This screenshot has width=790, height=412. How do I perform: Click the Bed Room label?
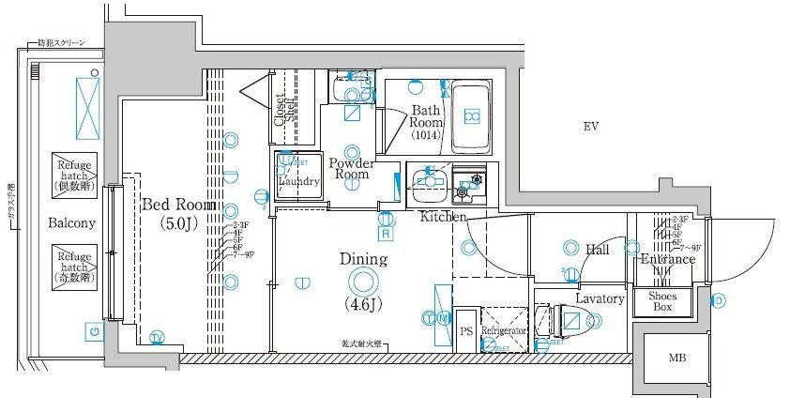178,205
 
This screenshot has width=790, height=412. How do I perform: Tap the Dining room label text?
363,258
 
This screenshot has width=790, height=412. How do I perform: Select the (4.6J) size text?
363,303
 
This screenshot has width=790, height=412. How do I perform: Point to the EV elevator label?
590,127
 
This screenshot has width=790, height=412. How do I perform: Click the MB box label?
676,357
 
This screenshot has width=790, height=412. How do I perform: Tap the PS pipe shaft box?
466,331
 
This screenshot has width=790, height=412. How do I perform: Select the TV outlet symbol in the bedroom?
157,337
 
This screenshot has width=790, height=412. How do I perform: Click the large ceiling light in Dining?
363,281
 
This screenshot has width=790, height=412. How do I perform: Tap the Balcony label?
72,223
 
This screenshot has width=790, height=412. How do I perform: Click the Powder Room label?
353,167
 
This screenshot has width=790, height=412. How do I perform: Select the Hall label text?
598,250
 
